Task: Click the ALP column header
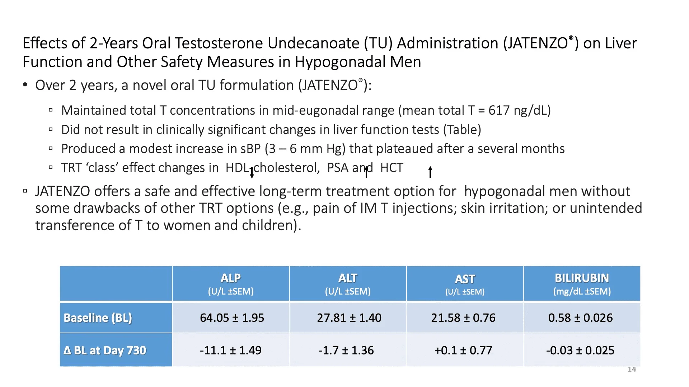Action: (x=231, y=283)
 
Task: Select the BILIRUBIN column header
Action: (x=582, y=283)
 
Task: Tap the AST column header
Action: (x=465, y=283)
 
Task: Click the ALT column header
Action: (x=348, y=283)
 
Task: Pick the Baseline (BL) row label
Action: (x=98, y=318)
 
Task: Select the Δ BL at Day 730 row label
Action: (x=105, y=350)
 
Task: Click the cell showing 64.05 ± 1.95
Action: (x=232, y=318)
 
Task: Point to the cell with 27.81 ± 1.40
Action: (x=349, y=318)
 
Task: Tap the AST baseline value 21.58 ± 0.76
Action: (x=463, y=318)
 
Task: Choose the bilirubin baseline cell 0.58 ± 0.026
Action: (x=580, y=318)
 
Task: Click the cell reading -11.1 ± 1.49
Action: (x=230, y=350)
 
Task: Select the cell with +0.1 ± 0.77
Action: (x=463, y=350)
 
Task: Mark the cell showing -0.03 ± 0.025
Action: (x=580, y=350)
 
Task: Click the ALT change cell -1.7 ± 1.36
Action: (x=346, y=350)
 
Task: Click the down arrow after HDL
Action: (x=252, y=173)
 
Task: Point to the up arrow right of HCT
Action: (x=430, y=172)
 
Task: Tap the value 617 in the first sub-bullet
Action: (x=499, y=110)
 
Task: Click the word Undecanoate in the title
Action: (x=313, y=43)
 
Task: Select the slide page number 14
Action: (x=632, y=369)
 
